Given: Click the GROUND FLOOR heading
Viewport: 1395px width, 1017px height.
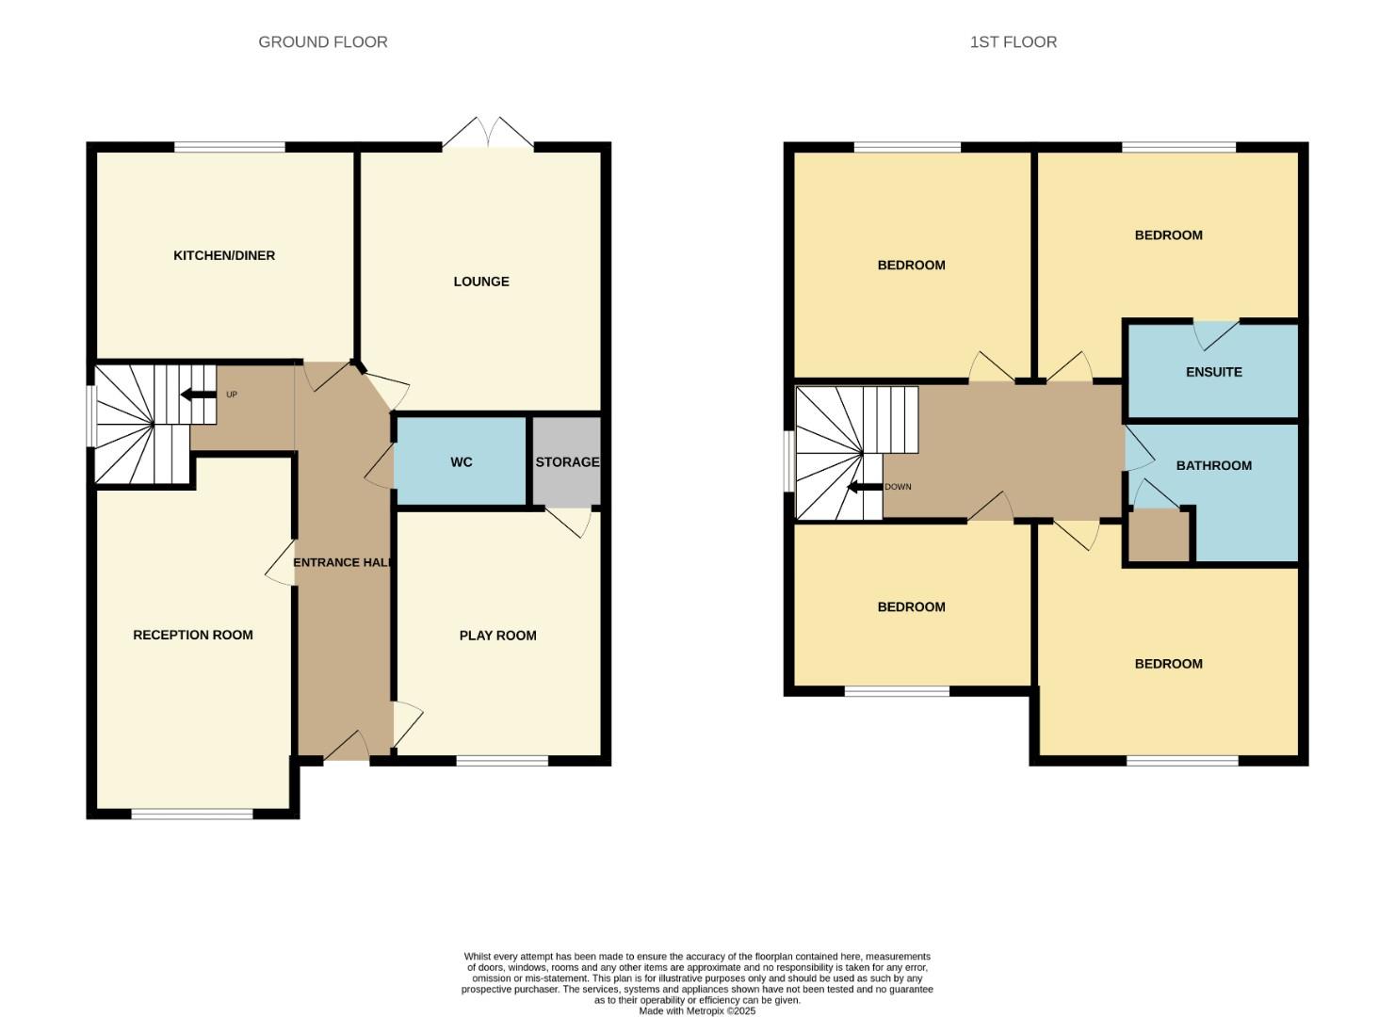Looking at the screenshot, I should tap(322, 42).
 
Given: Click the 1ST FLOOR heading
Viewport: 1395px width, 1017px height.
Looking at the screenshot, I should tap(1013, 42).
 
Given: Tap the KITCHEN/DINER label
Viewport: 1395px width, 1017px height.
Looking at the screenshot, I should tap(224, 256).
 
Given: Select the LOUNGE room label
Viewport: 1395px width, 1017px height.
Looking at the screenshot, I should tap(480, 282).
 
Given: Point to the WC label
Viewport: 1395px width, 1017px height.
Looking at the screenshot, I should tap(461, 462).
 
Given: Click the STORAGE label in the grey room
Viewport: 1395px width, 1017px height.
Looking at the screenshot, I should tap(567, 462).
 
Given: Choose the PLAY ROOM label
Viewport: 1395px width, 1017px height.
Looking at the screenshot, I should tap(497, 636).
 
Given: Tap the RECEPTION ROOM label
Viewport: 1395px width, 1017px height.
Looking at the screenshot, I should tap(192, 635).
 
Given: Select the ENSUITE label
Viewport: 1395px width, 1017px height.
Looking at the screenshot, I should tap(1213, 372).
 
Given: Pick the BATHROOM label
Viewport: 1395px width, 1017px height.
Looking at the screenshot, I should tap(1213, 465).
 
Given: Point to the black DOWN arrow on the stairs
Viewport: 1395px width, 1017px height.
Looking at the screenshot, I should tap(864, 487).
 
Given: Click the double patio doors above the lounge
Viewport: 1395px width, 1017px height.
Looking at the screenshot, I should tap(488, 135).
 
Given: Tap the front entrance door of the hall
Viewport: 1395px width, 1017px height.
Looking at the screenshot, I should tap(346, 748).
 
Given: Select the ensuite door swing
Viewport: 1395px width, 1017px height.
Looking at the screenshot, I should tap(1215, 333).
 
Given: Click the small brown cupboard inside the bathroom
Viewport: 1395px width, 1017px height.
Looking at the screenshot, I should tap(1159, 536).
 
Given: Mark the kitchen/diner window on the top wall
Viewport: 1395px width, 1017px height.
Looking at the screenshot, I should tap(230, 147).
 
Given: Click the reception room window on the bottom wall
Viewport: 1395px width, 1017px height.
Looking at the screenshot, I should tap(192, 814).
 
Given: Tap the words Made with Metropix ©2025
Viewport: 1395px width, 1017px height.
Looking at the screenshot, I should tap(697, 1011).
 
